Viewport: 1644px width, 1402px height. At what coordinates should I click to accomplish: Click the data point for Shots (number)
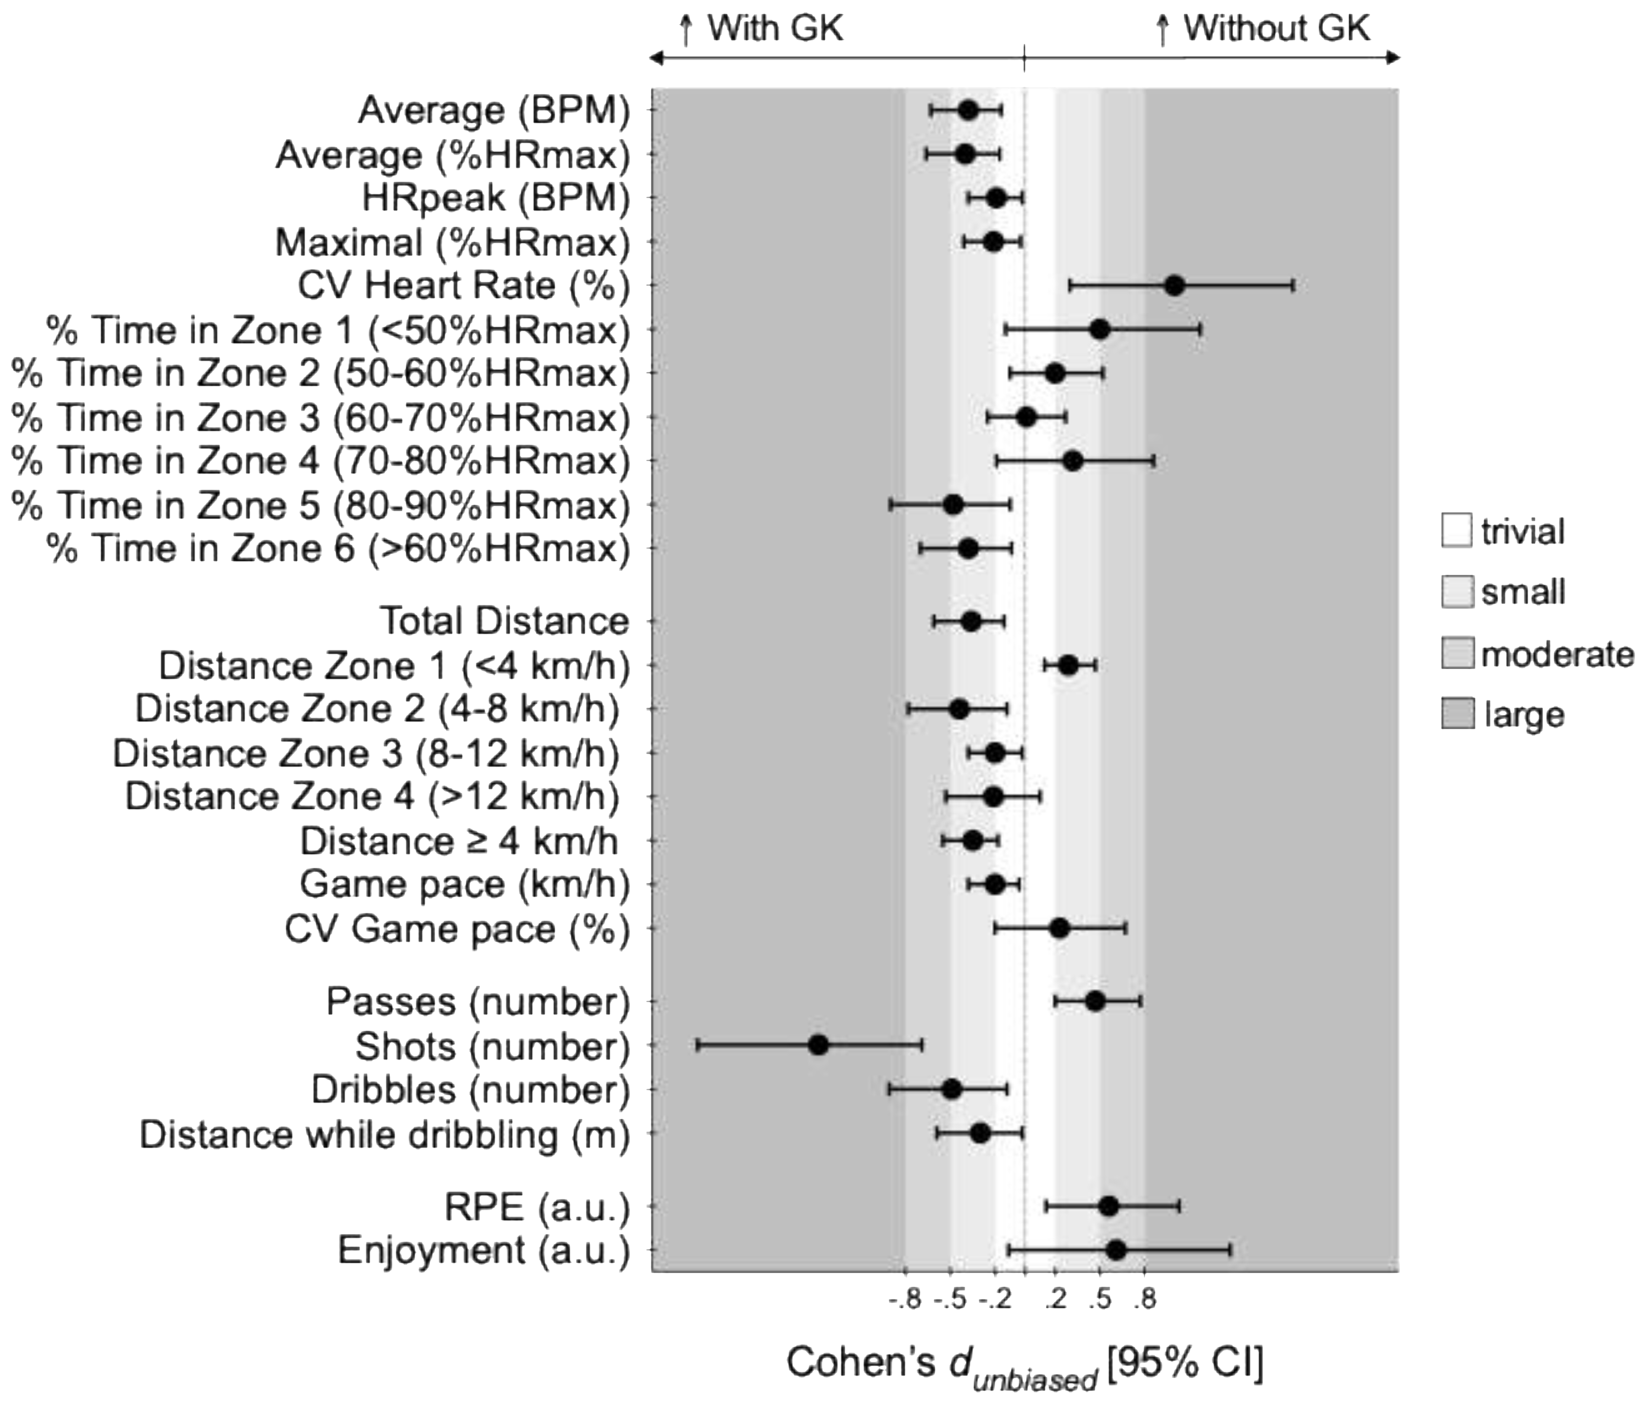point(818,1045)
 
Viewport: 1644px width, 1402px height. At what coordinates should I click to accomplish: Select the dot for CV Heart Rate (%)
point(1175,285)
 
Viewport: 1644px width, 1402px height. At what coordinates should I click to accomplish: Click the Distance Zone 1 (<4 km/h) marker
point(1068,665)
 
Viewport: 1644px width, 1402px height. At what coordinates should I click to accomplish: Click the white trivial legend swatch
point(1457,531)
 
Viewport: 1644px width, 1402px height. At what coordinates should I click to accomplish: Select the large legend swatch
point(1457,713)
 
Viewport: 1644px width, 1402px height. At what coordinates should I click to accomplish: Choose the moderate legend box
point(1457,653)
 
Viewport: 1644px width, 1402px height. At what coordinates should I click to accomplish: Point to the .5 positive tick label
point(1100,1301)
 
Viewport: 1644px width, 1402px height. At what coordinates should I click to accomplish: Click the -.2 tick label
point(994,1301)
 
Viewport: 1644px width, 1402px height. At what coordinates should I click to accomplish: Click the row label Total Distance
point(505,621)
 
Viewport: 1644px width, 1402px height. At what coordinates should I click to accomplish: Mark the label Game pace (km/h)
point(464,885)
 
